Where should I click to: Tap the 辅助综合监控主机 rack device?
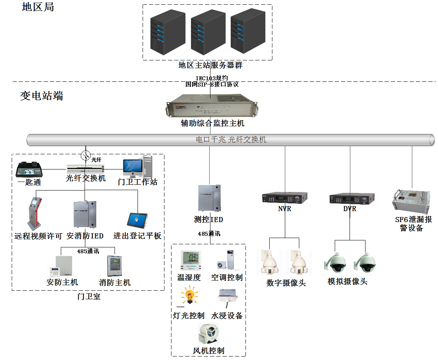(212, 106)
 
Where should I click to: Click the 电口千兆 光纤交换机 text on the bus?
(231, 139)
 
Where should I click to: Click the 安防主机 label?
(62, 282)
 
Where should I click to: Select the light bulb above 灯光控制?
(189, 296)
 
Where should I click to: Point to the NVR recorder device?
(284, 198)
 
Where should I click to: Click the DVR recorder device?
(352, 199)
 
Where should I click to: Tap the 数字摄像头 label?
(286, 283)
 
